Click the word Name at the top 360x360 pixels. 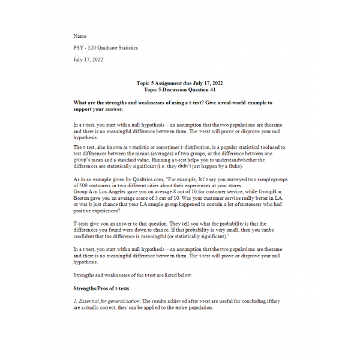(79, 36)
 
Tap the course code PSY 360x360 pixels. (79, 48)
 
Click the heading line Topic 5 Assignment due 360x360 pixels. (180, 83)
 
